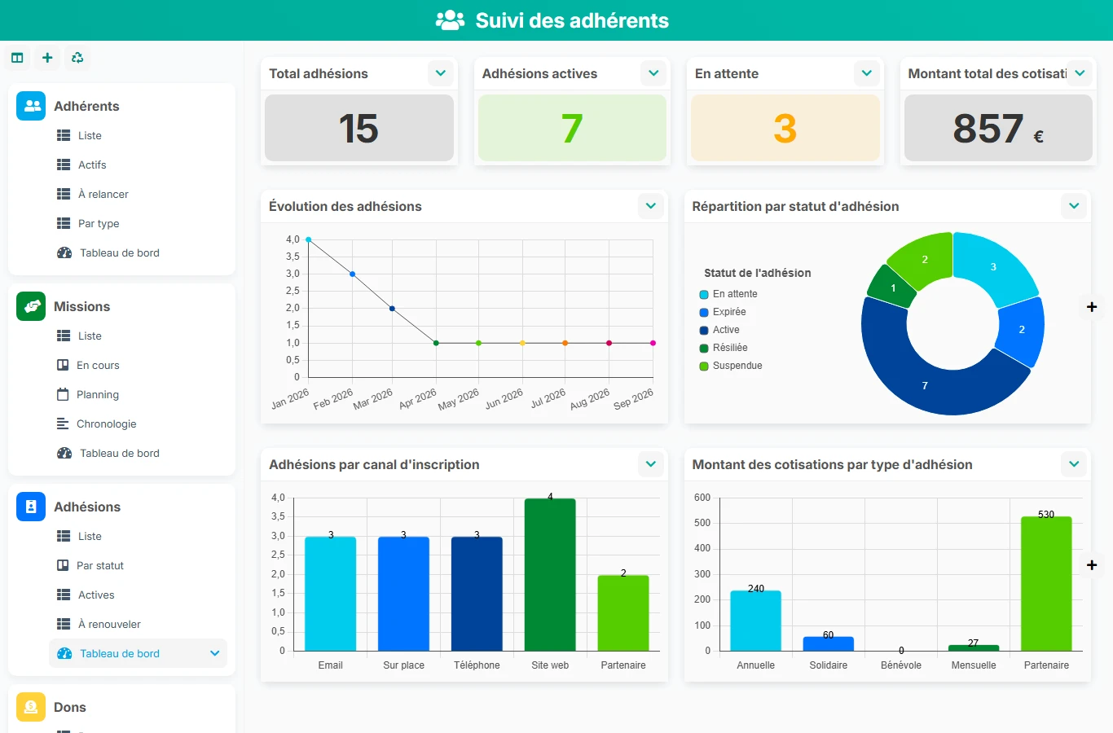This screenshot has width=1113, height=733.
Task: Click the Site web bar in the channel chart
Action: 549,574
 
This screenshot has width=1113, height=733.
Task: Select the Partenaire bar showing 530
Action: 1046,583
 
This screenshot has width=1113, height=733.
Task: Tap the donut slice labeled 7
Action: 934,377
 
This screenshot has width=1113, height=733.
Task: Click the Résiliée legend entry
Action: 724,348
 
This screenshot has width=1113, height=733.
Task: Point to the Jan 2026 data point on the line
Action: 309,239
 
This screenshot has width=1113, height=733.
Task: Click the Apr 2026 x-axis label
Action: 417,399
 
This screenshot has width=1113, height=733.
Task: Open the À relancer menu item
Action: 103,194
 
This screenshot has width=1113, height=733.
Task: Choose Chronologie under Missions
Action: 107,424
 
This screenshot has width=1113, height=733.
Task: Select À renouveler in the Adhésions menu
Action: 109,624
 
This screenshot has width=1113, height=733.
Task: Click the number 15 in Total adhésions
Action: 359,129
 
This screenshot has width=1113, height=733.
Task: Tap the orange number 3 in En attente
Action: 785,129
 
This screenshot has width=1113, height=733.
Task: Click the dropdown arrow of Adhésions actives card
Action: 653,73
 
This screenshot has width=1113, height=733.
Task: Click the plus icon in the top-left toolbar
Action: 47,58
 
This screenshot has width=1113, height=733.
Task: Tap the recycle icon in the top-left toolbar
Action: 77,58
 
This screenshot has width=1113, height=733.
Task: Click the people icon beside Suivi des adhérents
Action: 450,20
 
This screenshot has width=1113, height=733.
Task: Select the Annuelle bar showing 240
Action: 755,621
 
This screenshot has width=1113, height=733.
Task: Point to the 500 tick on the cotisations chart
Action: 702,522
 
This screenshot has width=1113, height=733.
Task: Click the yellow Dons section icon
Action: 31,707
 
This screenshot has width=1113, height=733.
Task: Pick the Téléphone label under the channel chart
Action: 477,665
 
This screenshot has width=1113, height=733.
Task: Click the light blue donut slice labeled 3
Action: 995,267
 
